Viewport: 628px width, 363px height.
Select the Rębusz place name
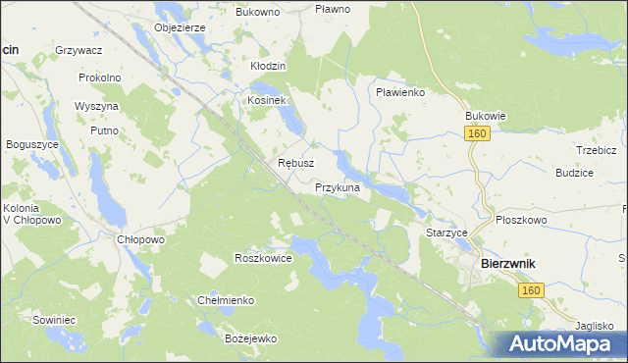click(295, 163)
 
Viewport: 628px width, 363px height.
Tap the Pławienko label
click(399, 92)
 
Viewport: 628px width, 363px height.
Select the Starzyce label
click(446, 233)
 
